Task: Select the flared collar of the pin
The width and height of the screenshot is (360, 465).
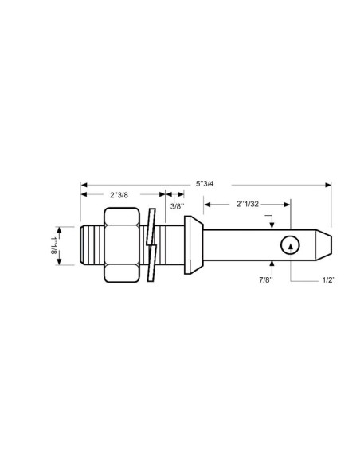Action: point(190,244)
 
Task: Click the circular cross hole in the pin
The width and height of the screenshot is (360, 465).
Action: point(292,246)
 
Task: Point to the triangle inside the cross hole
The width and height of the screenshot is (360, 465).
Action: point(292,247)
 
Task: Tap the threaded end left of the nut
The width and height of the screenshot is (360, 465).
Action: point(92,244)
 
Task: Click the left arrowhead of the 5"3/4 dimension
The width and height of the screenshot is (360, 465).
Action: point(84,185)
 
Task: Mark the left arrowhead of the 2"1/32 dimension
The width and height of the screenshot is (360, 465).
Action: point(208,205)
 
